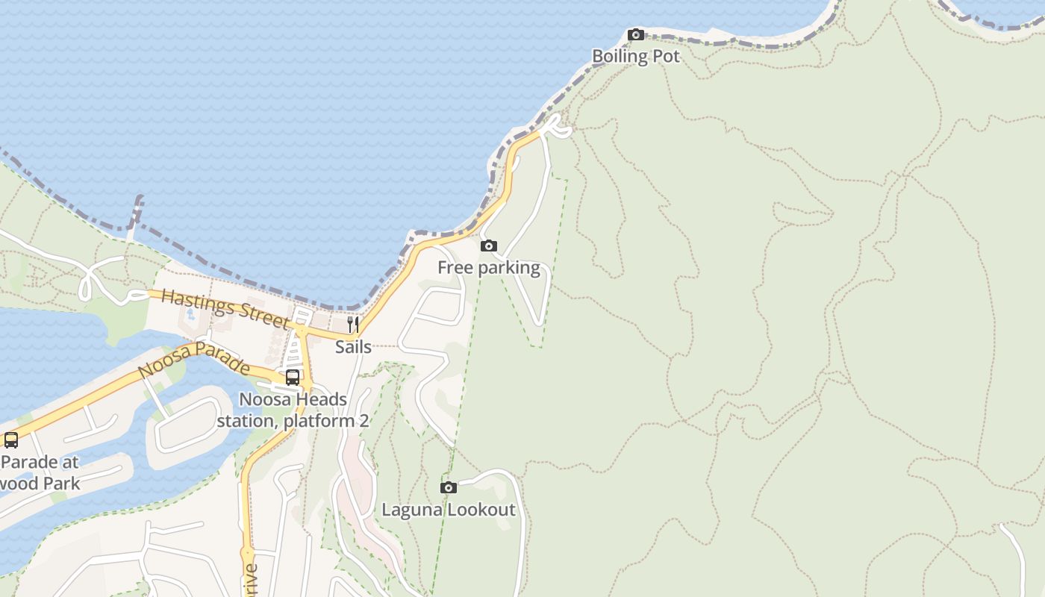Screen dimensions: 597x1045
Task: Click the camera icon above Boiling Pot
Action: [636, 34]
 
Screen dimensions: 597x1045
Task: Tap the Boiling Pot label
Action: [636, 56]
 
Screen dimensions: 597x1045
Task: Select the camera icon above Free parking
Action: [489, 246]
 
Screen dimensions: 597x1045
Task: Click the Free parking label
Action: [489, 268]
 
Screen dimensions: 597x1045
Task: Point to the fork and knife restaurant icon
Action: [353, 325]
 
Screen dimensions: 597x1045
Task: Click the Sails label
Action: [353, 347]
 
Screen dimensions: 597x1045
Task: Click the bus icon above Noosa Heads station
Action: [293, 378]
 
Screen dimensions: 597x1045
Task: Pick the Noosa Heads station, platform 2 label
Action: [293, 410]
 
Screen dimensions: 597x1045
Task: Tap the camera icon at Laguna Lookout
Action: [449, 487]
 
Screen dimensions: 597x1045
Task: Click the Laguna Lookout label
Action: [449, 510]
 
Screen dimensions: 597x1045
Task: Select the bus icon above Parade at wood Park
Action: [10, 440]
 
